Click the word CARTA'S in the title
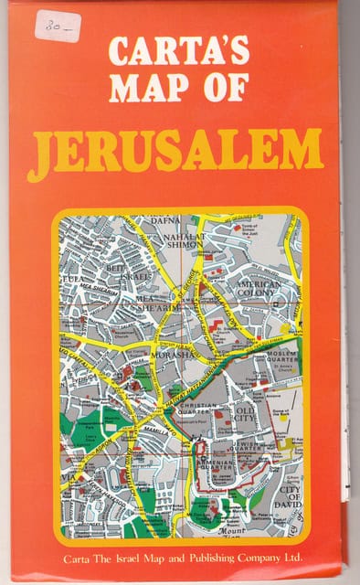click(x=179, y=52)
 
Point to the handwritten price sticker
click(x=57, y=25)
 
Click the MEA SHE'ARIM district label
click(x=151, y=303)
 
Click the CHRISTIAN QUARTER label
click(x=199, y=409)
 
